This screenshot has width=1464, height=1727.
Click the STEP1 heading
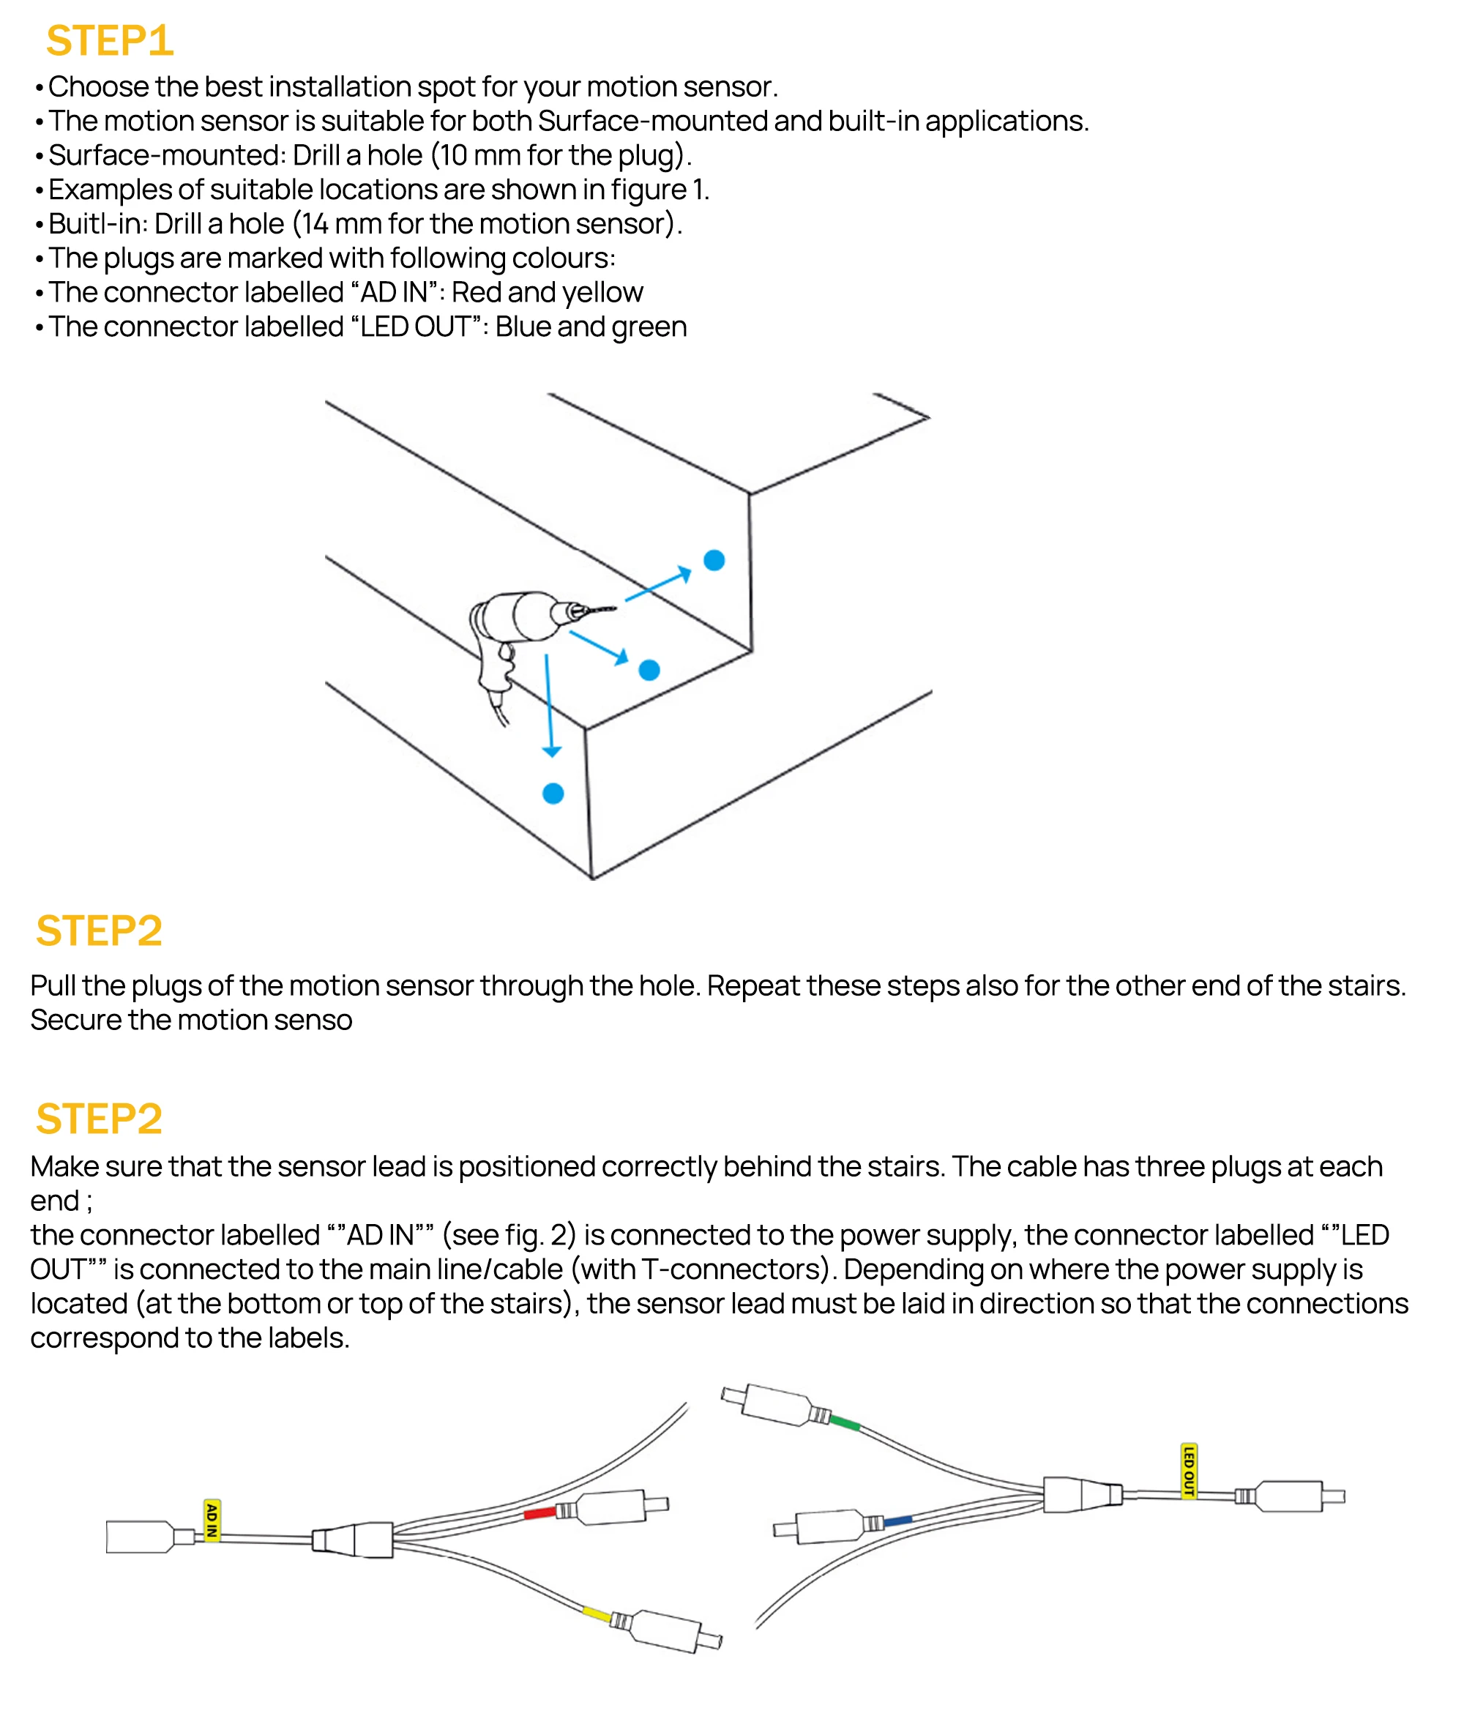coord(110,41)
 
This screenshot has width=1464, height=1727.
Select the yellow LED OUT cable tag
coord(1189,1472)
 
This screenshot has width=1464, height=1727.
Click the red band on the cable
coord(539,1514)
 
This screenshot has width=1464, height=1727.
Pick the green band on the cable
coord(845,1422)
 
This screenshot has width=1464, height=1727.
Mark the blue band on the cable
coord(898,1521)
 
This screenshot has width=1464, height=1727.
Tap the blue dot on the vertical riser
coord(714,560)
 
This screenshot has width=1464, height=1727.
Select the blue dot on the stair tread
coord(649,670)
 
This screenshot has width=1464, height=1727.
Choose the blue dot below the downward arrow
coord(553,794)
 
